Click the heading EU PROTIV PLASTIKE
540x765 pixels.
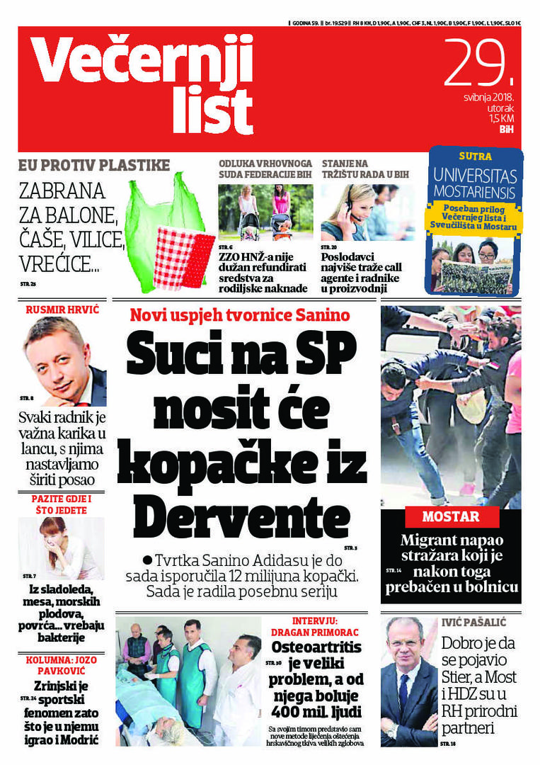pyautogui.click(x=94, y=166)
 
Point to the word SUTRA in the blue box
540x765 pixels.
pyautogui.click(x=475, y=156)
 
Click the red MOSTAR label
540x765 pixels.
pyautogui.click(x=451, y=516)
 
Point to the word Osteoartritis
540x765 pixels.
pyautogui.click(x=316, y=647)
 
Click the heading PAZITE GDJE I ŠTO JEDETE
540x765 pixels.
pyautogui.click(x=61, y=504)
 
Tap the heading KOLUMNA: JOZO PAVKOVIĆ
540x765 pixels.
pyautogui.click(x=59, y=668)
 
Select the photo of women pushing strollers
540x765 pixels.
pyautogui.click(x=265, y=212)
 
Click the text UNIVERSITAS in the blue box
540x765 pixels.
pyautogui.click(x=475, y=176)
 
